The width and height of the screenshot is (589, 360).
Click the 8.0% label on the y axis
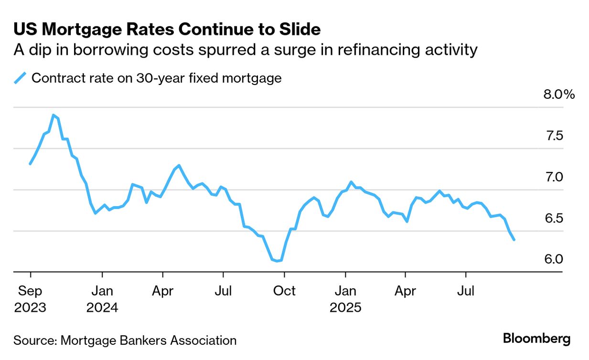tap(558, 95)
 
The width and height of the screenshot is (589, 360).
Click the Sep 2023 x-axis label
tap(31, 299)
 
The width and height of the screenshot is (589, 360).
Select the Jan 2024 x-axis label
tap(102, 299)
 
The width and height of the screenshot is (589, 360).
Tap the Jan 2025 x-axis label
tap(345, 299)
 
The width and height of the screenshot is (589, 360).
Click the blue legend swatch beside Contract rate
tap(20, 78)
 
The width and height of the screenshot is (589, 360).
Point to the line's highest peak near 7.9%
tap(53, 115)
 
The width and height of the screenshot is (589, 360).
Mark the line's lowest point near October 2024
tap(278, 261)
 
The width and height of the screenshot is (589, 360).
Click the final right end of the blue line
tap(514, 240)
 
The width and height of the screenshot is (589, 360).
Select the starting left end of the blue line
tap(30, 164)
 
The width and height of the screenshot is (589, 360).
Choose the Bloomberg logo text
tap(536, 339)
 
